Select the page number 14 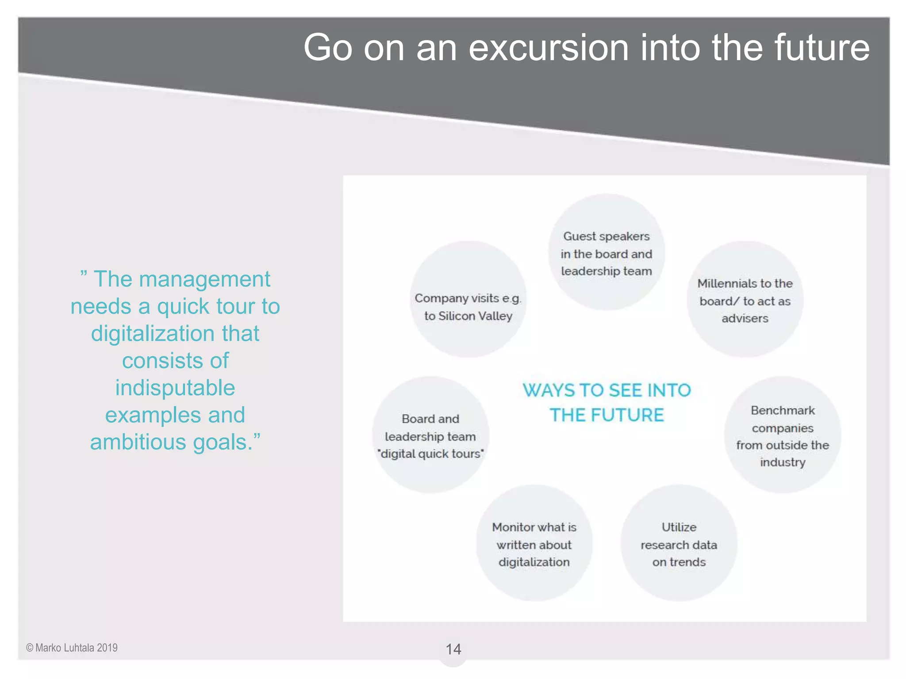[453, 649]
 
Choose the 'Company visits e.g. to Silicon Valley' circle [468, 300]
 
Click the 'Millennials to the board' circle [745, 300]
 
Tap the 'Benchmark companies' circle [782, 435]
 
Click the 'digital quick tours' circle [430, 435]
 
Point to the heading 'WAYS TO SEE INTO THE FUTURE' [607, 402]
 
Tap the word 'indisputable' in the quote [175, 388]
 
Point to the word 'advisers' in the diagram [745, 318]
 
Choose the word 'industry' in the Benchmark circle [783, 462]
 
